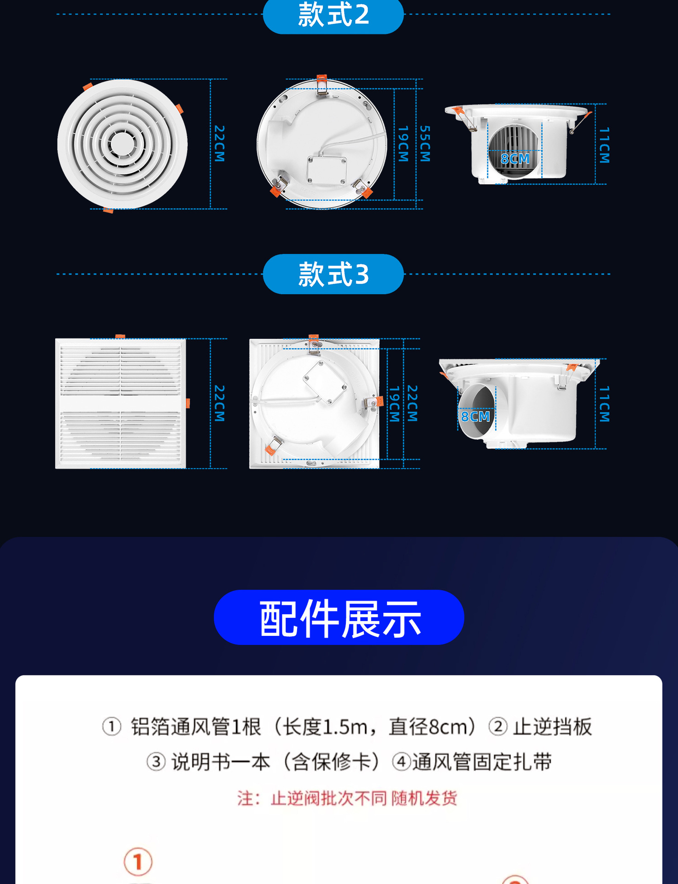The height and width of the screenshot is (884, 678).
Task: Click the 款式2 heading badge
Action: pyautogui.click(x=333, y=15)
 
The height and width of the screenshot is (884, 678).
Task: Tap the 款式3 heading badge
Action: pyautogui.click(x=333, y=274)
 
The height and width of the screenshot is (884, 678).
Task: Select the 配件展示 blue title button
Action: pyautogui.click(x=339, y=618)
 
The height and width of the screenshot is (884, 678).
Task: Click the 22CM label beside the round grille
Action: pyautogui.click(x=220, y=144)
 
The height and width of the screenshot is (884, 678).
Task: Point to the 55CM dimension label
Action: pyautogui.click(x=425, y=144)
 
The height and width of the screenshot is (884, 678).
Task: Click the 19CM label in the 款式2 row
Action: pyautogui.click(x=403, y=144)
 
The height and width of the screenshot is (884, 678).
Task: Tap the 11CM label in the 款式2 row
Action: pyautogui.click(x=604, y=145)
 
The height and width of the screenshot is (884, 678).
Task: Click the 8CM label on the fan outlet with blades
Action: pyautogui.click(x=515, y=159)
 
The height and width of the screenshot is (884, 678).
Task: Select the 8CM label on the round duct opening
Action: pyautogui.click(x=475, y=417)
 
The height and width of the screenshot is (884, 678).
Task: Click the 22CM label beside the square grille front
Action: pyautogui.click(x=220, y=403)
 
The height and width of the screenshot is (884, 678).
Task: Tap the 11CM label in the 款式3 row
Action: pyautogui.click(x=604, y=404)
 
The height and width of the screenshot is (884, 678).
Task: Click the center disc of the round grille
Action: pyautogui.click(x=122, y=144)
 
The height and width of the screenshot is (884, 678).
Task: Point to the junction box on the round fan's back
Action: pyautogui.click(x=327, y=169)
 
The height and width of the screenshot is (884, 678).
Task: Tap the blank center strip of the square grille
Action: pyautogui.click(x=121, y=404)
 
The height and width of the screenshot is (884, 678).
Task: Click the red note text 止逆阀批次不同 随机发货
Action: pyautogui.click(x=347, y=798)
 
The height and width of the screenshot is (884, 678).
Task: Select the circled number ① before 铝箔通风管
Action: pyautogui.click(x=111, y=727)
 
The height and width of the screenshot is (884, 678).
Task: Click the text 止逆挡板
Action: pyautogui.click(x=552, y=727)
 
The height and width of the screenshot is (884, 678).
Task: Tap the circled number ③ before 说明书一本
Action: pyautogui.click(x=156, y=762)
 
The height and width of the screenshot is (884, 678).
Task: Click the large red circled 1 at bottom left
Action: pyautogui.click(x=138, y=861)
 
